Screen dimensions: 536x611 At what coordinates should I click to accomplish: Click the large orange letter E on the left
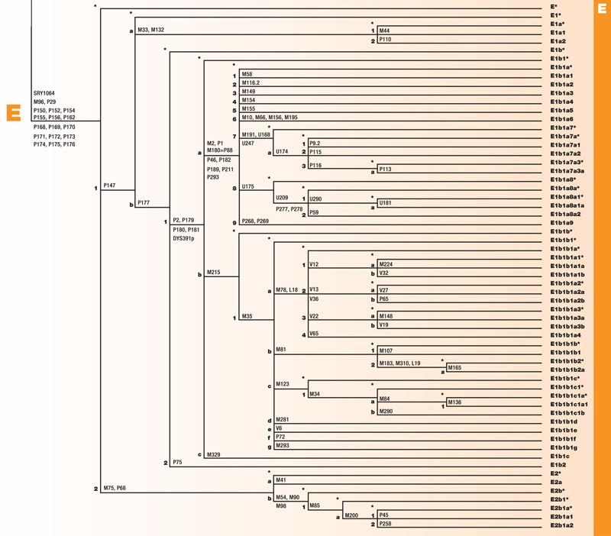13,112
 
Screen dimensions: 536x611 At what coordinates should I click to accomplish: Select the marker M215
213,273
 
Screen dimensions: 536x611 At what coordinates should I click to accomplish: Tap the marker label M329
213,455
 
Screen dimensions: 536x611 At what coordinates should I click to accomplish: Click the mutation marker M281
283,419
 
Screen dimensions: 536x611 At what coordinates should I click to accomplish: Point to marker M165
455,368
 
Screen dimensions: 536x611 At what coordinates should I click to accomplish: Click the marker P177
145,202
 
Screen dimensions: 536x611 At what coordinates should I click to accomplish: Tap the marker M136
455,402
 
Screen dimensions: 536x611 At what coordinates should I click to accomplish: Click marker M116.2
251,83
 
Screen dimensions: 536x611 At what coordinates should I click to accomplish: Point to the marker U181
386,203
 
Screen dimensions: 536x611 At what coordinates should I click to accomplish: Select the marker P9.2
315,143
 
